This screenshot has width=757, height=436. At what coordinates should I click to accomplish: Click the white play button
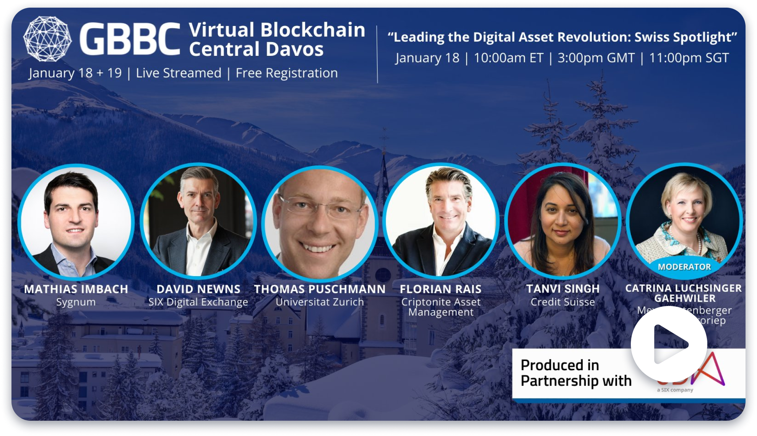tap(669, 344)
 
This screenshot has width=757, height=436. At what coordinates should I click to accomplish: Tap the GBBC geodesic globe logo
tap(47, 39)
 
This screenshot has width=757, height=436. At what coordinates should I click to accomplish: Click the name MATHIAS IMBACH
tap(76, 289)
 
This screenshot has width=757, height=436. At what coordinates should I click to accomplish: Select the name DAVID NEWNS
tap(198, 289)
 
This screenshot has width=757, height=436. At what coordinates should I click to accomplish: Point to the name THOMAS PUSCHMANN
tap(320, 289)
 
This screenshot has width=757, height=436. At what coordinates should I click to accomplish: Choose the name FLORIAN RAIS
tap(440, 289)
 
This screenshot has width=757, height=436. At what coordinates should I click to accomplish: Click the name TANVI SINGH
tap(563, 289)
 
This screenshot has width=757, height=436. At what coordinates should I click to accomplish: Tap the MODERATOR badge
tap(684, 267)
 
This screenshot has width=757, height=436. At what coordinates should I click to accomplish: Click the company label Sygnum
tap(76, 302)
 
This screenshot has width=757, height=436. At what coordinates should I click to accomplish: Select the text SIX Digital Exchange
tap(198, 302)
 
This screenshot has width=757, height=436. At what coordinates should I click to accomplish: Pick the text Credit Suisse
tap(563, 302)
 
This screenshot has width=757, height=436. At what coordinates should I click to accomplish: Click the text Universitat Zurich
tap(320, 302)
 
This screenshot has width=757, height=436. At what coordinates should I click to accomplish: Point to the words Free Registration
tap(287, 73)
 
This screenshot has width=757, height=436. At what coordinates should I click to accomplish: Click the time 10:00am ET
tap(508, 58)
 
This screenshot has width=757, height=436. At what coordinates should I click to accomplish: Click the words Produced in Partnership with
tap(576, 373)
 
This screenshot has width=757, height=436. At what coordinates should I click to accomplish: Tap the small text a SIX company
tap(675, 390)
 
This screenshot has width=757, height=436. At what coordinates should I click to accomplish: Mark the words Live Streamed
tap(179, 73)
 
